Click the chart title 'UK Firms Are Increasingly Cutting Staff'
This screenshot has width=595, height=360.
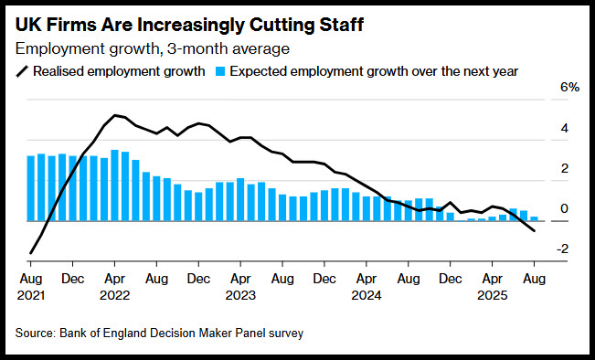point(189,25)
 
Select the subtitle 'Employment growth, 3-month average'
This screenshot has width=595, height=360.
point(152,48)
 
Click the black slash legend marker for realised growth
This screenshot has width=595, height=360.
point(22,71)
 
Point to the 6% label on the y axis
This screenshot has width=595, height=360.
point(570,88)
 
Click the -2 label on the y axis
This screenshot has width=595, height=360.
point(562,249)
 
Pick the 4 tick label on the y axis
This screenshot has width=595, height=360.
point(565,128)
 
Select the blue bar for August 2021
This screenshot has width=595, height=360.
point(31,188)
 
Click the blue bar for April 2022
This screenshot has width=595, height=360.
point(114,185)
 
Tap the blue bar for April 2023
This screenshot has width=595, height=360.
point(240,199)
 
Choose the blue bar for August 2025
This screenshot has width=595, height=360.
point(534,218)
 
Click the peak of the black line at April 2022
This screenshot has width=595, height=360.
point(114,115)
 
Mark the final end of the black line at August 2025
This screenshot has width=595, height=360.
point(535,230)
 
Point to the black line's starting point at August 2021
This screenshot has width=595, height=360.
point(30,253)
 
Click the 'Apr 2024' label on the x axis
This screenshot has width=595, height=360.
point(367,287)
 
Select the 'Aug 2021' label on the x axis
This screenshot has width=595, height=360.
point(31,287)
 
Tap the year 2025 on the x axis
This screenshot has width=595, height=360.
point(492,295)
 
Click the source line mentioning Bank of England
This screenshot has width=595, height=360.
point(159,334)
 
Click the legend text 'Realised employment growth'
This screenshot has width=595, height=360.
point(119,71)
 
